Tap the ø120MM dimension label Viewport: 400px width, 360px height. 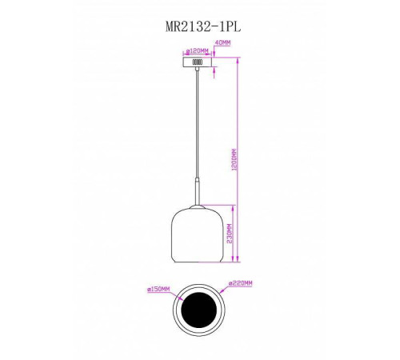coord(198,50)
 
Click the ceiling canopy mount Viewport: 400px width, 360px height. coord(198,62)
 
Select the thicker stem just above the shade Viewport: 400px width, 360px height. coord(198,194)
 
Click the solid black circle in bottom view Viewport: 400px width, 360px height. coord(198,311)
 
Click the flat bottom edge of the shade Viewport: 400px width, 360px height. coord(198,264)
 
